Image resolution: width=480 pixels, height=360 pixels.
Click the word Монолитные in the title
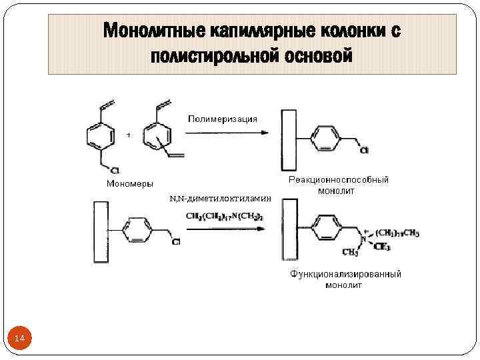[154, 31]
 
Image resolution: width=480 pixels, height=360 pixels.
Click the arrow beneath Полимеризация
[227, 133]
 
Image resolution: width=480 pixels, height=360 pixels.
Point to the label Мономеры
[130, 183]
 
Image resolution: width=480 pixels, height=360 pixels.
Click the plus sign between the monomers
[128, 135]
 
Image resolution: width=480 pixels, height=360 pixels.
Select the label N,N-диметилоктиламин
[221, 199]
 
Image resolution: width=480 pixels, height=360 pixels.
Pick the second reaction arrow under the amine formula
[227, 230]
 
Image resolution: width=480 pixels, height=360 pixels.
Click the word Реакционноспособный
[338, 180]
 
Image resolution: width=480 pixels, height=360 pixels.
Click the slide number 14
[19, 339]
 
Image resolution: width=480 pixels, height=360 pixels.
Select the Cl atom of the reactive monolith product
[364, 151]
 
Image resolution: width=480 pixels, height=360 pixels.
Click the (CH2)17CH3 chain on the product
[397, 233]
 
